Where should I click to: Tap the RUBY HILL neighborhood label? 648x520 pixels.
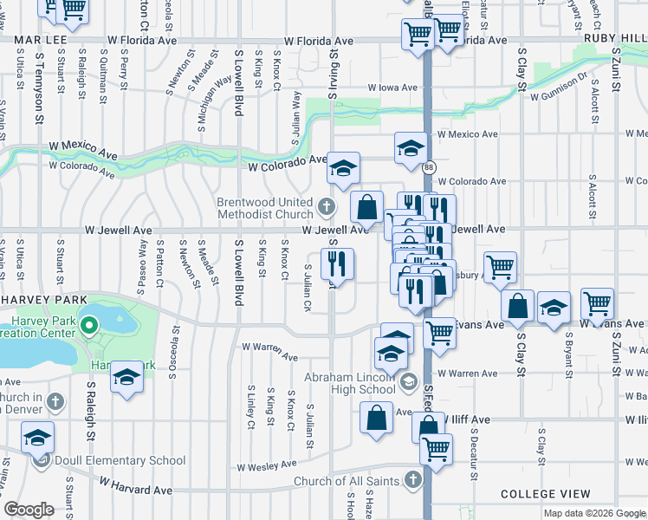tap(616, 39)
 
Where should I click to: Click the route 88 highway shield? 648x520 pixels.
tap(430, 166)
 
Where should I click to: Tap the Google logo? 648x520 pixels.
tap(29, 510)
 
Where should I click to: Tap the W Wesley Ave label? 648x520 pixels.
tap(269, 466)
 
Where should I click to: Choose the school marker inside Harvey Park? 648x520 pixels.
tap(127, 379)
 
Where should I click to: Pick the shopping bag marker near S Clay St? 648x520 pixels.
tap(517, 306)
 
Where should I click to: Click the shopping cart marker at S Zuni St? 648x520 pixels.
tap(598, 304)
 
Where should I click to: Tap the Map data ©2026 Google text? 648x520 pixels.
tap(593, 513)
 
